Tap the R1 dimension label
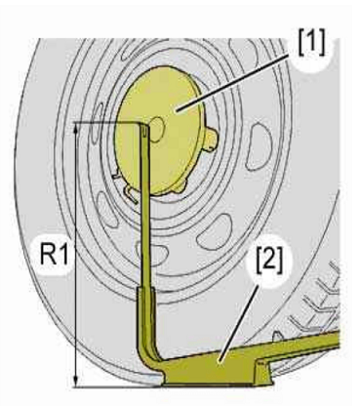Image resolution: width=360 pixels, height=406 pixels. coord(55,255)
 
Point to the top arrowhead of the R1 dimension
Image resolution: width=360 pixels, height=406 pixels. coord(76,129)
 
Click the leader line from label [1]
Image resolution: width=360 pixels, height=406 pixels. coord(232,83)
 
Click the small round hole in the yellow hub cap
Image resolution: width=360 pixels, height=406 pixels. coord(156,130)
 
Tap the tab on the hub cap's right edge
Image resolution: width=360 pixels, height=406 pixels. coord(212,140)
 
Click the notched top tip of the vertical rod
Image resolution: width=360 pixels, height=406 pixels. coord(144,129)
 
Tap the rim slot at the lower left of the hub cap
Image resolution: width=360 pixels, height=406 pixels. coord(108,209)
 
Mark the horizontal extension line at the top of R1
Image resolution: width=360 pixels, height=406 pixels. coord(108,122)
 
